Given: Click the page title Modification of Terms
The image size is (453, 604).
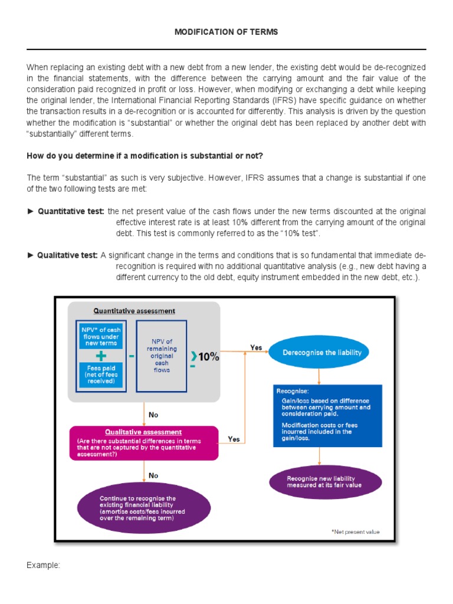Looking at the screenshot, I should tap(226, 32).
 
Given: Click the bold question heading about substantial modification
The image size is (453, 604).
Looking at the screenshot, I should tap(145, 156).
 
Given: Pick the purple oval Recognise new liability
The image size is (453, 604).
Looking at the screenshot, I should tap(324, 482).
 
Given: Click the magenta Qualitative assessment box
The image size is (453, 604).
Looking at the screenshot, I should tap(144, 443).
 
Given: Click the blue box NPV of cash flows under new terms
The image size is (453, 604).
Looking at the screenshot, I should tap(100, 335).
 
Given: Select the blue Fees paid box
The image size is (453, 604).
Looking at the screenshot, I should tap(100, 374).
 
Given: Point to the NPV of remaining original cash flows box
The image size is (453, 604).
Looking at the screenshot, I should tap(161, 355).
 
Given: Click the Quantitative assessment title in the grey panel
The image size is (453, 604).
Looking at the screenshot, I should tap(134, 311).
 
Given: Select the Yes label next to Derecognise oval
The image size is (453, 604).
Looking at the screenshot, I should tap(256, 347).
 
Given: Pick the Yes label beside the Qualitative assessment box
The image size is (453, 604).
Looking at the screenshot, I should tap(234, 439).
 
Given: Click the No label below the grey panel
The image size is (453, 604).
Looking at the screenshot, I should tap(153, 415).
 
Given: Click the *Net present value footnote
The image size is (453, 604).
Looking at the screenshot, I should tap(355, 531).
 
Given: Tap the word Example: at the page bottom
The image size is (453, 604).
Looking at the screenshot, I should tap(43, 565).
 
